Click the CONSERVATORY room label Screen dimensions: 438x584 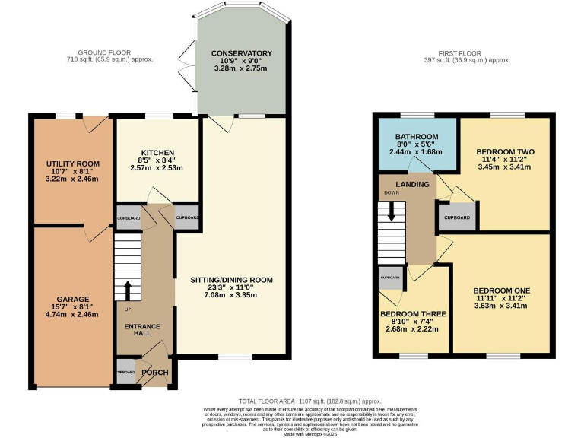[243, 53]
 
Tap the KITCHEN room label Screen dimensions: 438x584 [157, 152]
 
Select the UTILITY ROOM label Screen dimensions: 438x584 [73, 164]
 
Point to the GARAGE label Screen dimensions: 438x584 [72, 299]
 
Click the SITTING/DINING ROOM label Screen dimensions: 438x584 [231, 280]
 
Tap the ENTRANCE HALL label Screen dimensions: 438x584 [142, 331]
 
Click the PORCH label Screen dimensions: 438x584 [155, 373]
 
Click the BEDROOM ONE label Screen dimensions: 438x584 [501, 290]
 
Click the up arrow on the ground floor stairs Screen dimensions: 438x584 [128, 290]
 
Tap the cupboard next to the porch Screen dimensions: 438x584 [126, 373]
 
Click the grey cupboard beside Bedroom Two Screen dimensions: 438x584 [458, 217]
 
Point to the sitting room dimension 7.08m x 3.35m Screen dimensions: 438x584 [231, 295]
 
